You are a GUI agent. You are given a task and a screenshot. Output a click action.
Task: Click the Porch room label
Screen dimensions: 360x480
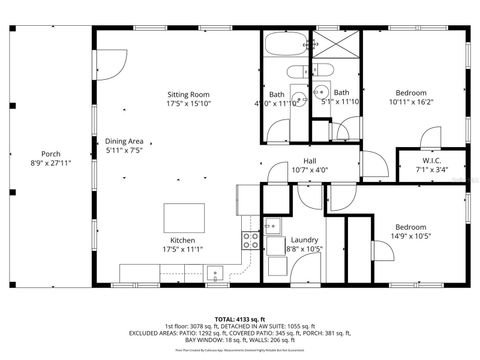pos(38,153)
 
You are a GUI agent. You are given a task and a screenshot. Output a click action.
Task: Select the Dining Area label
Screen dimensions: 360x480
pos(125,140)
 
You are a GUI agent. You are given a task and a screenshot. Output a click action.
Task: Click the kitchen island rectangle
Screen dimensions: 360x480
pos(182,217)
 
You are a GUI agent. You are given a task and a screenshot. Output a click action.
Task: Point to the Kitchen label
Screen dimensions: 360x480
pos(182,240)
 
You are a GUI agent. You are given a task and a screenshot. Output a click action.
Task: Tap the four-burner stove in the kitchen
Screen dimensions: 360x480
pos(248,240)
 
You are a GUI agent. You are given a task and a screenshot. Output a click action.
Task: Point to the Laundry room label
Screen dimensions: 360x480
pos(304,240)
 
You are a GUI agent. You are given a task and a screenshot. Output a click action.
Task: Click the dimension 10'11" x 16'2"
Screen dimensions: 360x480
pos(410,101)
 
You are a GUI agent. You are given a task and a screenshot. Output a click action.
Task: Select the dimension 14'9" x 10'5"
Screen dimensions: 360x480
pos(410,236)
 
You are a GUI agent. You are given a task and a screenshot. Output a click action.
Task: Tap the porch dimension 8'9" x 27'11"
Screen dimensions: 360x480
pos(38,162)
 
